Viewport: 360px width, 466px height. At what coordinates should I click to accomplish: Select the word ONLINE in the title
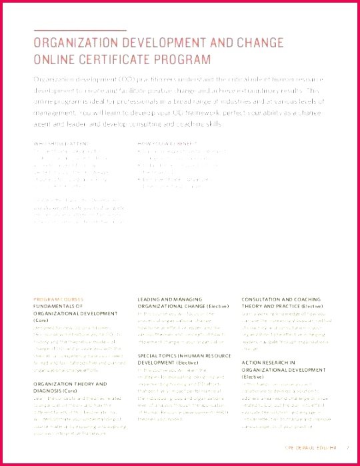tap(55, 59)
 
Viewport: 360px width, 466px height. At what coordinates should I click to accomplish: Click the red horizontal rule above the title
tap(79, 30)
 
